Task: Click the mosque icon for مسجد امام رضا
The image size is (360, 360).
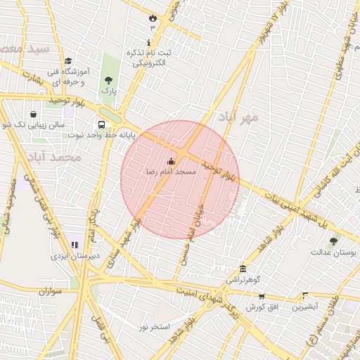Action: pos(172,161)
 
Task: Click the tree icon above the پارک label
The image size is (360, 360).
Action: pos(108,80)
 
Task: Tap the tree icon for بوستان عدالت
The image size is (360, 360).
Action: pos(333,240)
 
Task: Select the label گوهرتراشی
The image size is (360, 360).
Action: pos(243,280)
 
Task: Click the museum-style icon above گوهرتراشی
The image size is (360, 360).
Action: pos(243,269)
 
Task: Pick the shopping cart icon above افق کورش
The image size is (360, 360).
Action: pos(262,297)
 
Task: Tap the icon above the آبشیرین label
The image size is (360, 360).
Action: pos(305,296)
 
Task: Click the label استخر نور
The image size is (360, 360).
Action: pos(154,327)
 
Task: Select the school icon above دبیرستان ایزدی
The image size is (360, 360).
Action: pos(75,245)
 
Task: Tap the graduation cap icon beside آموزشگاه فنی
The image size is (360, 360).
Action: pos(68,62)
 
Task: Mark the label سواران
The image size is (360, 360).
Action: pos(51,290)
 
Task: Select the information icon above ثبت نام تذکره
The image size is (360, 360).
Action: pos(149,41)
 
